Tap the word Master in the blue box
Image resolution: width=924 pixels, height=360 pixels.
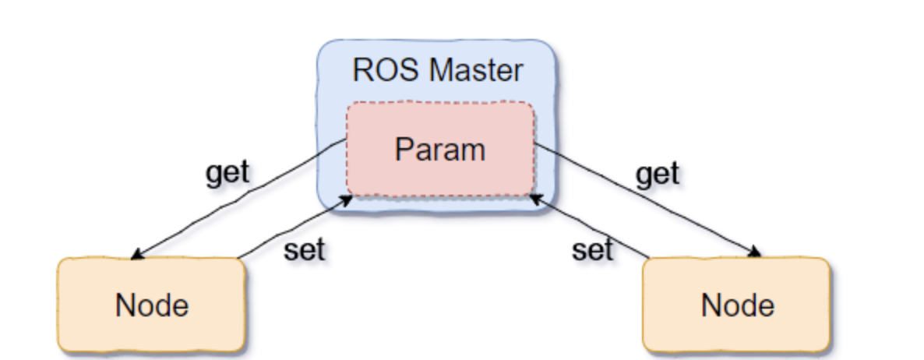click(x=477, y=71)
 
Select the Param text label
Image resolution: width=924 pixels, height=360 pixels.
click(x=439, y=149)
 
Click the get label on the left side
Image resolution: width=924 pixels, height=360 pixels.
click(x=227, y=173)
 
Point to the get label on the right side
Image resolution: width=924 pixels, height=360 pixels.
click(x=658, y=173)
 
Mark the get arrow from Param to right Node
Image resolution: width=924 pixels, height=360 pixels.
click(x=647, y=199)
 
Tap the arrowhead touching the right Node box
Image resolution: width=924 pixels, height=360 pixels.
click(x=755, y=252)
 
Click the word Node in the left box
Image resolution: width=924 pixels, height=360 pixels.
click(x=151, y=305)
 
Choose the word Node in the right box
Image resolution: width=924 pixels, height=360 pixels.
click(x=737, y=305)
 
